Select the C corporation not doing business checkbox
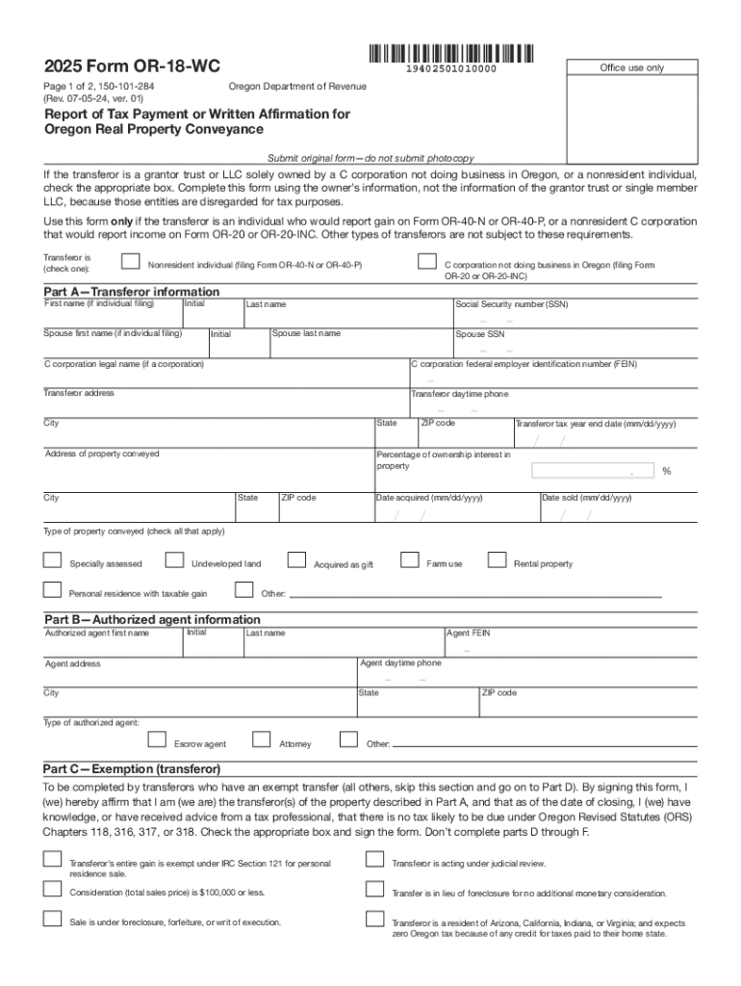pyautogui.click(x=425, y=262)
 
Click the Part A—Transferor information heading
pyautogui.click(x=132, y=292)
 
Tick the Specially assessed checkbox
pyautogui.click(x=52, y=560)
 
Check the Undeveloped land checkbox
pyautogui.click(x=174, y=560)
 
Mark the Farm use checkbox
pyautogui.click(x=409, y=560)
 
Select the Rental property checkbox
pyautogui.click(x=497, y=560)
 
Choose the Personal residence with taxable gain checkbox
pyautogui.click(x=52, y=590)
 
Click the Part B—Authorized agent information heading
pyautogui.click(x=152, y=619)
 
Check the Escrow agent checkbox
pyautogui.click(x=156, y=739)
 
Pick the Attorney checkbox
pyautogui.click(x=261, y=739)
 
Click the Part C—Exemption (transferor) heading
pyautogui.click(x=132, y=769)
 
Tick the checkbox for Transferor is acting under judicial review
pyautogui.click(x=374, y=860)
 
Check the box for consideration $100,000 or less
pyautogui.click(x=52, y=889)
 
